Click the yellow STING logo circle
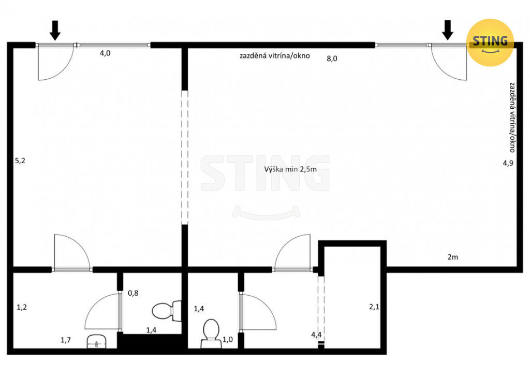(490, 42)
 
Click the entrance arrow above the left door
(55, 31)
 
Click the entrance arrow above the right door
(448, 30)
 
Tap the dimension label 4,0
(105, 53)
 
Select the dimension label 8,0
(332, 59)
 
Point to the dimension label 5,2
(20, 161)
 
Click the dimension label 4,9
(508, 163)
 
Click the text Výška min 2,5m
(291, 169)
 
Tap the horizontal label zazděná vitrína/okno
(275, 56)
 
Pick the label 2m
(453, 257)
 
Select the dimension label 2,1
(374, 307)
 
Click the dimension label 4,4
(316, 335)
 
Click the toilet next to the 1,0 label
(211, 334)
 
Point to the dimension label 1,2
(22, 307)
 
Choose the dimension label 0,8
(133, 293)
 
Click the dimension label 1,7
(66, 340)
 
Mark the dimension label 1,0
(228, 339)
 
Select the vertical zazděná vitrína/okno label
(512, 117)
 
